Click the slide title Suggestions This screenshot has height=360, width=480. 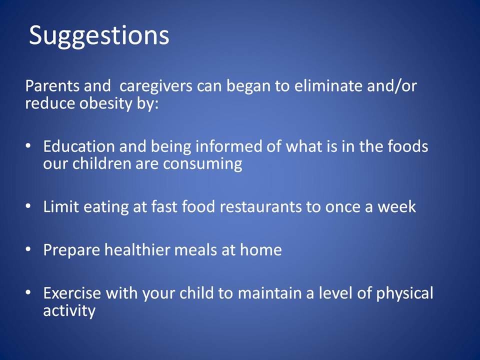[99, 36]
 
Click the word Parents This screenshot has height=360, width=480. [52, 85]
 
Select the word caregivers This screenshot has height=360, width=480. [156, 86]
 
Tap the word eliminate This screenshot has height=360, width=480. [328, 85]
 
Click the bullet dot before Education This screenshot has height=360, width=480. [28, 146]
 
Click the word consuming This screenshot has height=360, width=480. [202, 164]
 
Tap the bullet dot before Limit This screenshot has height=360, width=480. [28, 206]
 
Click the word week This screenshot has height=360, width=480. [396, 206]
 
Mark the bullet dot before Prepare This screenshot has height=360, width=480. [28, 249]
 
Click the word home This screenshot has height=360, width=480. [261, 250]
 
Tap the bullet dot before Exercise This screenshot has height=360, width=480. [28, 292]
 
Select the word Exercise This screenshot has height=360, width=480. [72, 293]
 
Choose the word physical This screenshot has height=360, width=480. [404, 294]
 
